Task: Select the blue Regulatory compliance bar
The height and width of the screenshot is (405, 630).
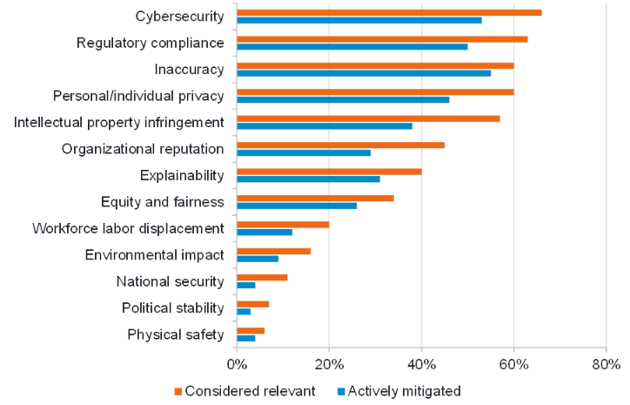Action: pyautogui.click(x=352, y=46)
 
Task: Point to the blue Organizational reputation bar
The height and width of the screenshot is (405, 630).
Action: pyautogui.click(x=304, y=152)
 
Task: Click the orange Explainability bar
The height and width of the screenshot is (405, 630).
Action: pyautogui.click(x=329, y=172)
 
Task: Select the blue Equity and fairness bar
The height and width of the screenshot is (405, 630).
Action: pyautogui.click(x=297, y=206)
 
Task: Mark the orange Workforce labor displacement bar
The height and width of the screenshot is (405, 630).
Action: pyautogui.click(x=283, y=225)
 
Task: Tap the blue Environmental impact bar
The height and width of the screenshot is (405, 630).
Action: pyautogui.click(x=258, y=259)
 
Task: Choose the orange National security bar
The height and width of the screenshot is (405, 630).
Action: pyautogui.click(x=262, y=278)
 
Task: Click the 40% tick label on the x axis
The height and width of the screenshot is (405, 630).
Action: pyautogui.click(x=421, y=363)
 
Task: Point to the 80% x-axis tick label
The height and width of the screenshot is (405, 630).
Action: pyautogui.click(x=606, y=363)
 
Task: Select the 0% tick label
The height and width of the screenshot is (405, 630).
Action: pyautogui.click(x=237, y=363)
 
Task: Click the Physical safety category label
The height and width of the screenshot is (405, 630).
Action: pyautogui.click(x=176, y=334)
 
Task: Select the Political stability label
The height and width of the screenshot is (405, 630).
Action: pyautogui.click(x=173, y=308)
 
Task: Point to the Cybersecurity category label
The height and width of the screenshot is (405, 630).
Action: pyautogui.click(x=180, y=17)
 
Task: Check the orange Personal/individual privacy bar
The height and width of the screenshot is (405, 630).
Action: pyautogui.click(x=375, y=91)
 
